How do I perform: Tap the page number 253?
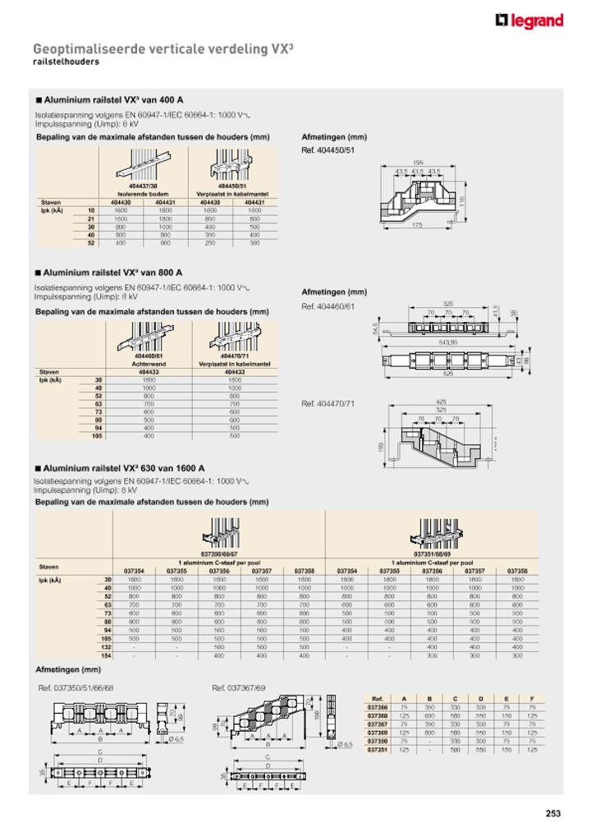(x=552, y=814)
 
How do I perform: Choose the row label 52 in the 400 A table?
(x=91, y=243)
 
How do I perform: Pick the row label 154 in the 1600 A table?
(x=105, y=655)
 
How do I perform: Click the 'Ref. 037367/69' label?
(x=238, y=687)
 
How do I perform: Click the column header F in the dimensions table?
(x=531, y=698)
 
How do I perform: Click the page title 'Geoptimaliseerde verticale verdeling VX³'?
(x=163, y=49)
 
